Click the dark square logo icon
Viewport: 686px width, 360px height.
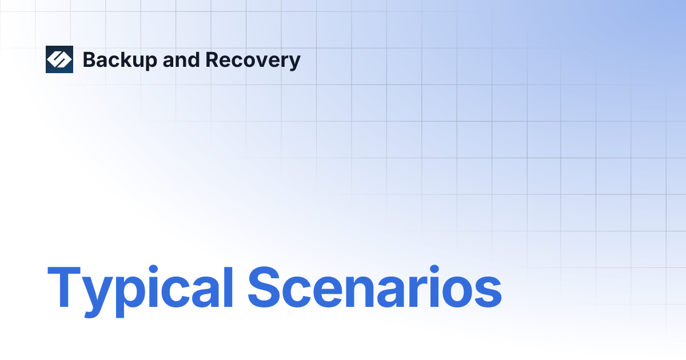(59, 59)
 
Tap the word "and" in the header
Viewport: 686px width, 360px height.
(181, 60)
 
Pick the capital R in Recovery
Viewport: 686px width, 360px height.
(212, 60)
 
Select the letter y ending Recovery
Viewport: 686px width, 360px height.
(294, 63)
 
